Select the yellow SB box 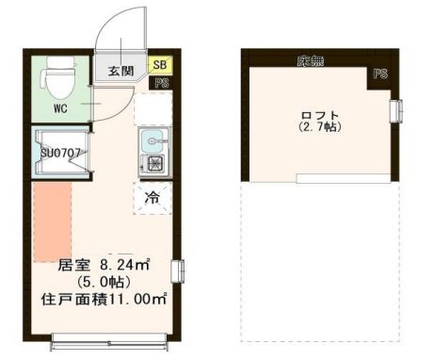tap(159, 66)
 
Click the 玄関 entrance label tap(121, 72)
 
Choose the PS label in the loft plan tap(380, 73)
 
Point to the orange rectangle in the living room tap(53, 222)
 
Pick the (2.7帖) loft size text tap(319, 127)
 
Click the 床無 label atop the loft tap(310, 61)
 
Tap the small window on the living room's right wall tap(174, 270)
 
